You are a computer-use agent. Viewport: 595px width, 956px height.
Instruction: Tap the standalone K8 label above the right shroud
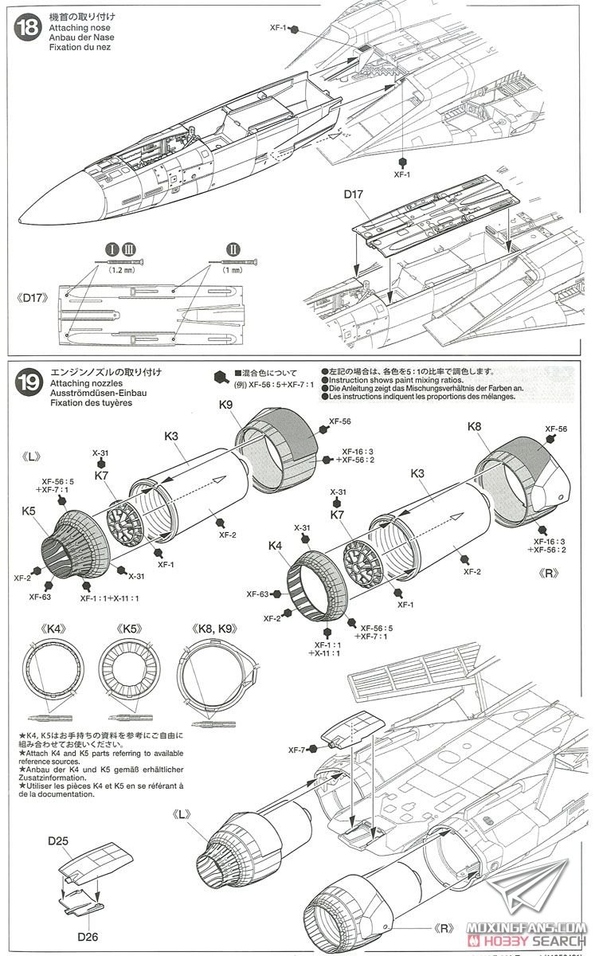(x=474, y=426)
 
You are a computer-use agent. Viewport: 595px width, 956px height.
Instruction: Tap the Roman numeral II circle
(x=233, y=247)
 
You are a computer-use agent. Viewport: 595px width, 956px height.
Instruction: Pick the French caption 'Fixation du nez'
(x=82, y=47)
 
